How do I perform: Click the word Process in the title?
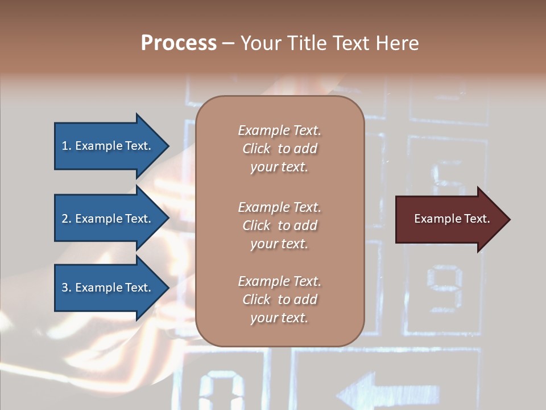[x=179, y=43]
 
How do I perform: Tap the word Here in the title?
[x=396, y=43]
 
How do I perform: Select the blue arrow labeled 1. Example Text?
[x=108, y=146]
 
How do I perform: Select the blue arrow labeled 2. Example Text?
[x=108, y=219]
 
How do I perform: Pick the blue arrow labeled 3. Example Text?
[x=108, y=288]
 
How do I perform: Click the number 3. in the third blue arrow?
[x=67, y=288]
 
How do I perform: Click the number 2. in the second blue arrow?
[x=67, y=219]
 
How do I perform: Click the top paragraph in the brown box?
[x=279, y=149]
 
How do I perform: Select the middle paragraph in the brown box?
[x=279, y=225]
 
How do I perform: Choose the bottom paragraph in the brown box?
[x=279, y=300]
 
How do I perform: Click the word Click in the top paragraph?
[x=257, y=149]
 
